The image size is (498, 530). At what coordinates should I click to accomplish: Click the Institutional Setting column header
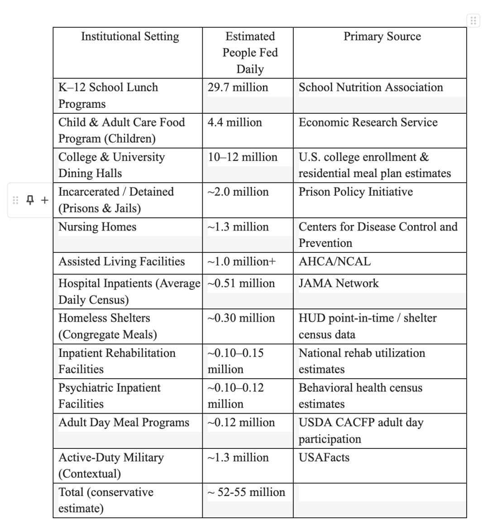click(x=130, y=37)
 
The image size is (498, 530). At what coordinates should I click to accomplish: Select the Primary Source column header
click(x=382, y=37)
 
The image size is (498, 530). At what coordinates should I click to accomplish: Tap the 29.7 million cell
click(x=238, y=87)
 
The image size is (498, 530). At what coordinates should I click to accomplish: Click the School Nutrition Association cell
click(x=371, y=87)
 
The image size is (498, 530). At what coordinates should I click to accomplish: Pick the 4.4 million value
click(x=235, y=122)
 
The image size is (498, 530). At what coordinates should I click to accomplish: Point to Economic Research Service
click(x=368, y=122)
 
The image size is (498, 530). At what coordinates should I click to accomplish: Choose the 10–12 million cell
click(x=243, y=157)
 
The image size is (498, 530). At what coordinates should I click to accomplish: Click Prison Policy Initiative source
click(x=356, y=192)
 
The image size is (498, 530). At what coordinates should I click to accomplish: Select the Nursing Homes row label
click(x=97, y=227)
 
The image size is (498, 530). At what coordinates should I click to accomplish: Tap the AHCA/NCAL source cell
click(x=335, y=262)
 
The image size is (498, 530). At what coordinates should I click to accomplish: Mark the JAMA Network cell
click(x=339, y=284)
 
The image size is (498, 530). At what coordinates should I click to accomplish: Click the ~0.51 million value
click(x=241, y=284)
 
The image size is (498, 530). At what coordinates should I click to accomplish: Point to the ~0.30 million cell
click(x=241, y=318)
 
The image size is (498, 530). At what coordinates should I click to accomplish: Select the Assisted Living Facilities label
click(x=122, y=262)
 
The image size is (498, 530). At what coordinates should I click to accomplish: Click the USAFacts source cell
click(x=324, y=458)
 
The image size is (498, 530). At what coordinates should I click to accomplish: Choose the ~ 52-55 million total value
click(x=247, y=492)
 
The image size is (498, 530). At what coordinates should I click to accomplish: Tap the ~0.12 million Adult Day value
click(x=241, y=423)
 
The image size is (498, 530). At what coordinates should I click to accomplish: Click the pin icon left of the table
click(x=30, y=200)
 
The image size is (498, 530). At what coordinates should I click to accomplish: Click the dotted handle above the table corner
click(x=473, y=20)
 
